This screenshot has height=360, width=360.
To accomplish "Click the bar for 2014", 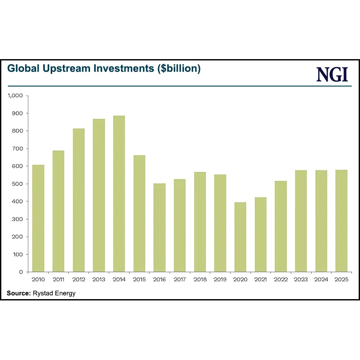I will click(119, 194).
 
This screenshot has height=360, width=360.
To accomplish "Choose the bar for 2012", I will click(79, 200).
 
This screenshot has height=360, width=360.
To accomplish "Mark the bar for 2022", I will click(281, 226).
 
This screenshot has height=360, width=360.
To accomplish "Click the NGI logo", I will click(332, 75).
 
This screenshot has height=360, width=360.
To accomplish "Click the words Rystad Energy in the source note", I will click(54, 293).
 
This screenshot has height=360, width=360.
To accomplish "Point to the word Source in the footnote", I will click(18, 293).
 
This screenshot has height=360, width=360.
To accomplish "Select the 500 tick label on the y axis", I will click(17, 184).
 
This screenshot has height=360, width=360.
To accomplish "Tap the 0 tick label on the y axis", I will click(20, 272).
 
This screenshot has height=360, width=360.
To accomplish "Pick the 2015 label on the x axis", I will click(139, 279).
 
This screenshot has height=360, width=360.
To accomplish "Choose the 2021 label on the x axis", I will click(260, 279).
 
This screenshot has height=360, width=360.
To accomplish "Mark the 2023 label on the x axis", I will click(301, 279).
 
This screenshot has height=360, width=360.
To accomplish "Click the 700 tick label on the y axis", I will click(17, 149).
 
